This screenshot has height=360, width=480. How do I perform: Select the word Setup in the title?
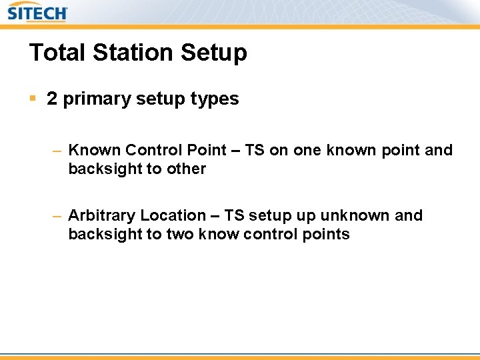point(217,53)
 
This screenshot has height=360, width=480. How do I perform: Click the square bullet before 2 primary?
point(33,99)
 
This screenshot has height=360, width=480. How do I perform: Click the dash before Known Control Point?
point(57,151)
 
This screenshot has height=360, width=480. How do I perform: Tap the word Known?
point(94,150)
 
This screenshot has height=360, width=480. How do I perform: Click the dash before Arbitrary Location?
point(57,216)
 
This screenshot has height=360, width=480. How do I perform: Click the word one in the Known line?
point(307,150)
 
